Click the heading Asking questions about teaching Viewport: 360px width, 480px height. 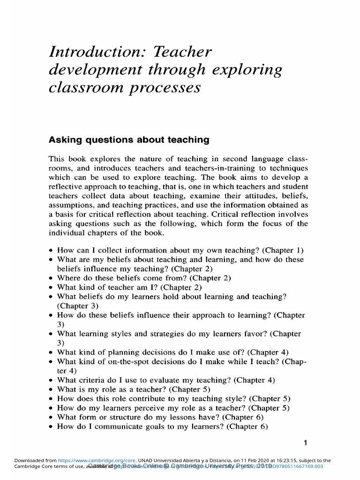pos(129,140)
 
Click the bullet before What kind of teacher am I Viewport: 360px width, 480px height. pos(51,287)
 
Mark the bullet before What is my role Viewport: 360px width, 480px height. pos(51,390)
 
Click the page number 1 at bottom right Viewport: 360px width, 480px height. pos(305,442)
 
